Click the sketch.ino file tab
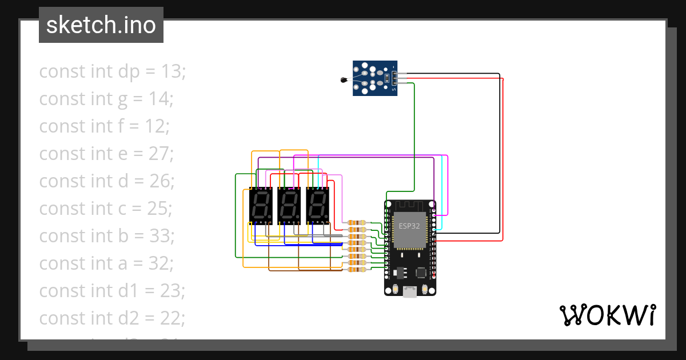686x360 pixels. coord(101,25)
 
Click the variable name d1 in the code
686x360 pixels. coord(127,291)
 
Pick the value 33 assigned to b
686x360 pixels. coord(161,236)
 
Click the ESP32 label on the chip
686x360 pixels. coord(409,226)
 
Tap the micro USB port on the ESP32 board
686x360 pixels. coord(409,292)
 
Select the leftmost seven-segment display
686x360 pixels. coord(261,206)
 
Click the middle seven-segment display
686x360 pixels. coord(289,206)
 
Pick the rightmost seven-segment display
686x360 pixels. coord(318,206)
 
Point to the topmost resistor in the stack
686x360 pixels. coord(357,223)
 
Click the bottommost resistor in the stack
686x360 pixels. coord(357,270)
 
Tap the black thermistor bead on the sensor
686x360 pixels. coord(343,81)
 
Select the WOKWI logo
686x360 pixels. coord(607,315)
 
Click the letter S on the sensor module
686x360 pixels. coord(394,89)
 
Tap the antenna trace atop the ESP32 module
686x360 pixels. coord(409,206)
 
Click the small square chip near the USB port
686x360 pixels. coord(421,271)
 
